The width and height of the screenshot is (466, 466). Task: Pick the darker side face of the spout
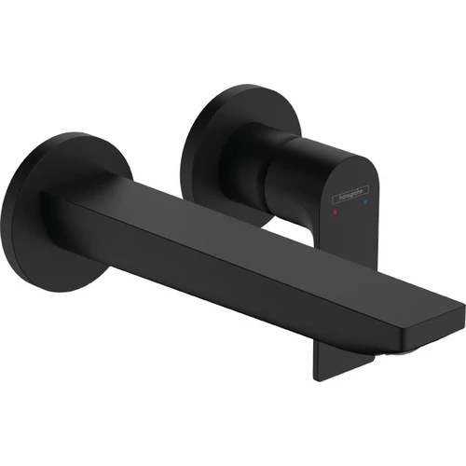click(233, 280)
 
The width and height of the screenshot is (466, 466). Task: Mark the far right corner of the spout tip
click(462, 307)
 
